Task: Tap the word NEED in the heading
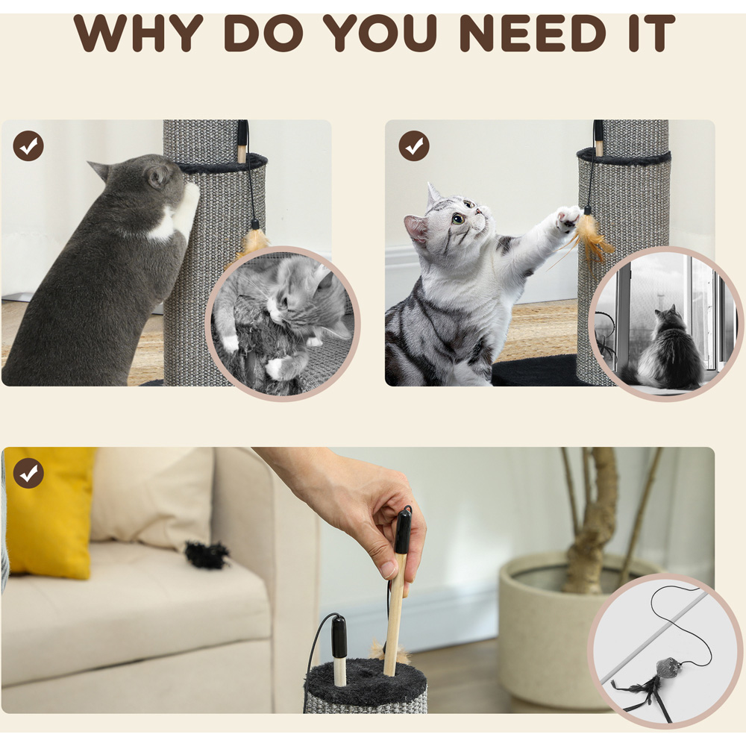(x=533, y=33)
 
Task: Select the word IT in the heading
(x=651, y=33)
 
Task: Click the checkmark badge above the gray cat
(x=28, y=145)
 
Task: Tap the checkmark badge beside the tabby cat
(x=414, y=145)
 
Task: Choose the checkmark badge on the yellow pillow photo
(x=28, y=473)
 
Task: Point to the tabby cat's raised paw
(x=568, y=219)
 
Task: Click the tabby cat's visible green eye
(x=458, y=219)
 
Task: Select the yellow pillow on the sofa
(x=49, y=512)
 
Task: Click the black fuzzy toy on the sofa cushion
(x=207, y=555)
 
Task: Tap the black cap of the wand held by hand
(x=404, y=529)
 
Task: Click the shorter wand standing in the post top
(x=339, y=650)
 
